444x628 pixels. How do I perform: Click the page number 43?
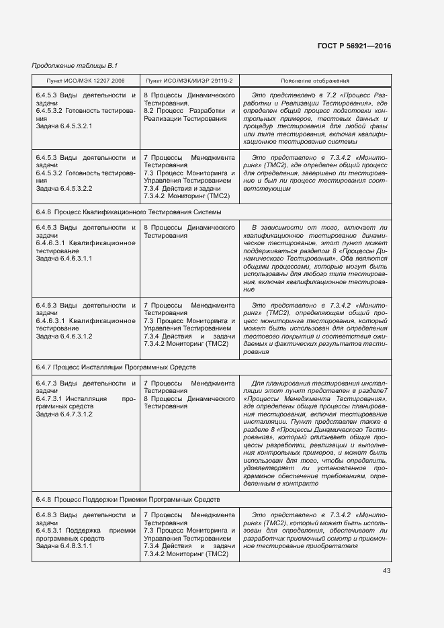click(x=386, y=571)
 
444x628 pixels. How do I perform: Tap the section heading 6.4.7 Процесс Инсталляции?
click(x=115, y=367)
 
